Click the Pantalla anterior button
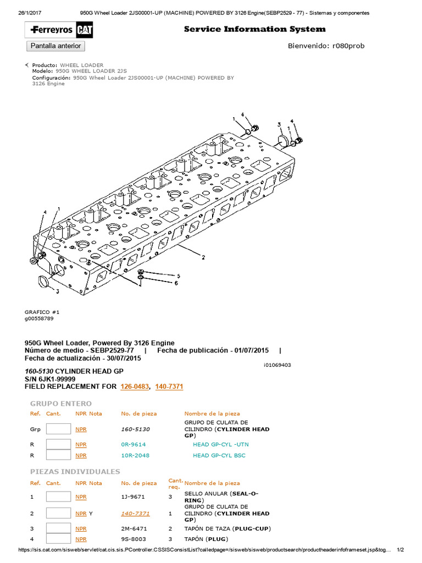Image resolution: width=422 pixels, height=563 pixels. click(x=55, y=46)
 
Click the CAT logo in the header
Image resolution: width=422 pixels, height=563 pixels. click(x=84, y=30)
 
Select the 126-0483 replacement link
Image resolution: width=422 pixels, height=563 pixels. click(x=134, y=387)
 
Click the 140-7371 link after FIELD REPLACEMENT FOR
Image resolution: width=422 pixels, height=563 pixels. click(x=169, y=387)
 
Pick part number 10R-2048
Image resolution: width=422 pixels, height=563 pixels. click(x=135, y=455)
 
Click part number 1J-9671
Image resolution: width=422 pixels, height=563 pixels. click(x=132, y=496)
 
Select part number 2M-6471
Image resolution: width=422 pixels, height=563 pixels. click(x=134, y=528)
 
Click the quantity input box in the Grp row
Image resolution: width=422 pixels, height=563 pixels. click(x=58, y=429)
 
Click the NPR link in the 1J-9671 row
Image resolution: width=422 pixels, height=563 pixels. click(x=81, y=496)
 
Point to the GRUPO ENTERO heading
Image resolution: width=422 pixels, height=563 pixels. click(x=60, y=404)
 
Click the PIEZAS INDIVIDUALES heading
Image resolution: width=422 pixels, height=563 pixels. click(x=75, y=472)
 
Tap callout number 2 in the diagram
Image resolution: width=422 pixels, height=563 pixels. click(x=203, y=257)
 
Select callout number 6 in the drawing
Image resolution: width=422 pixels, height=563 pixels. click(x=176, y=284)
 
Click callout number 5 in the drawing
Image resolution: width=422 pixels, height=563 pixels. click(x=177, y=275)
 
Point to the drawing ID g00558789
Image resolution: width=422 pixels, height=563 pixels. click(x=39, y=318)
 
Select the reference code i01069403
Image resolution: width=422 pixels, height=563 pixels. click(x=277, y=365)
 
